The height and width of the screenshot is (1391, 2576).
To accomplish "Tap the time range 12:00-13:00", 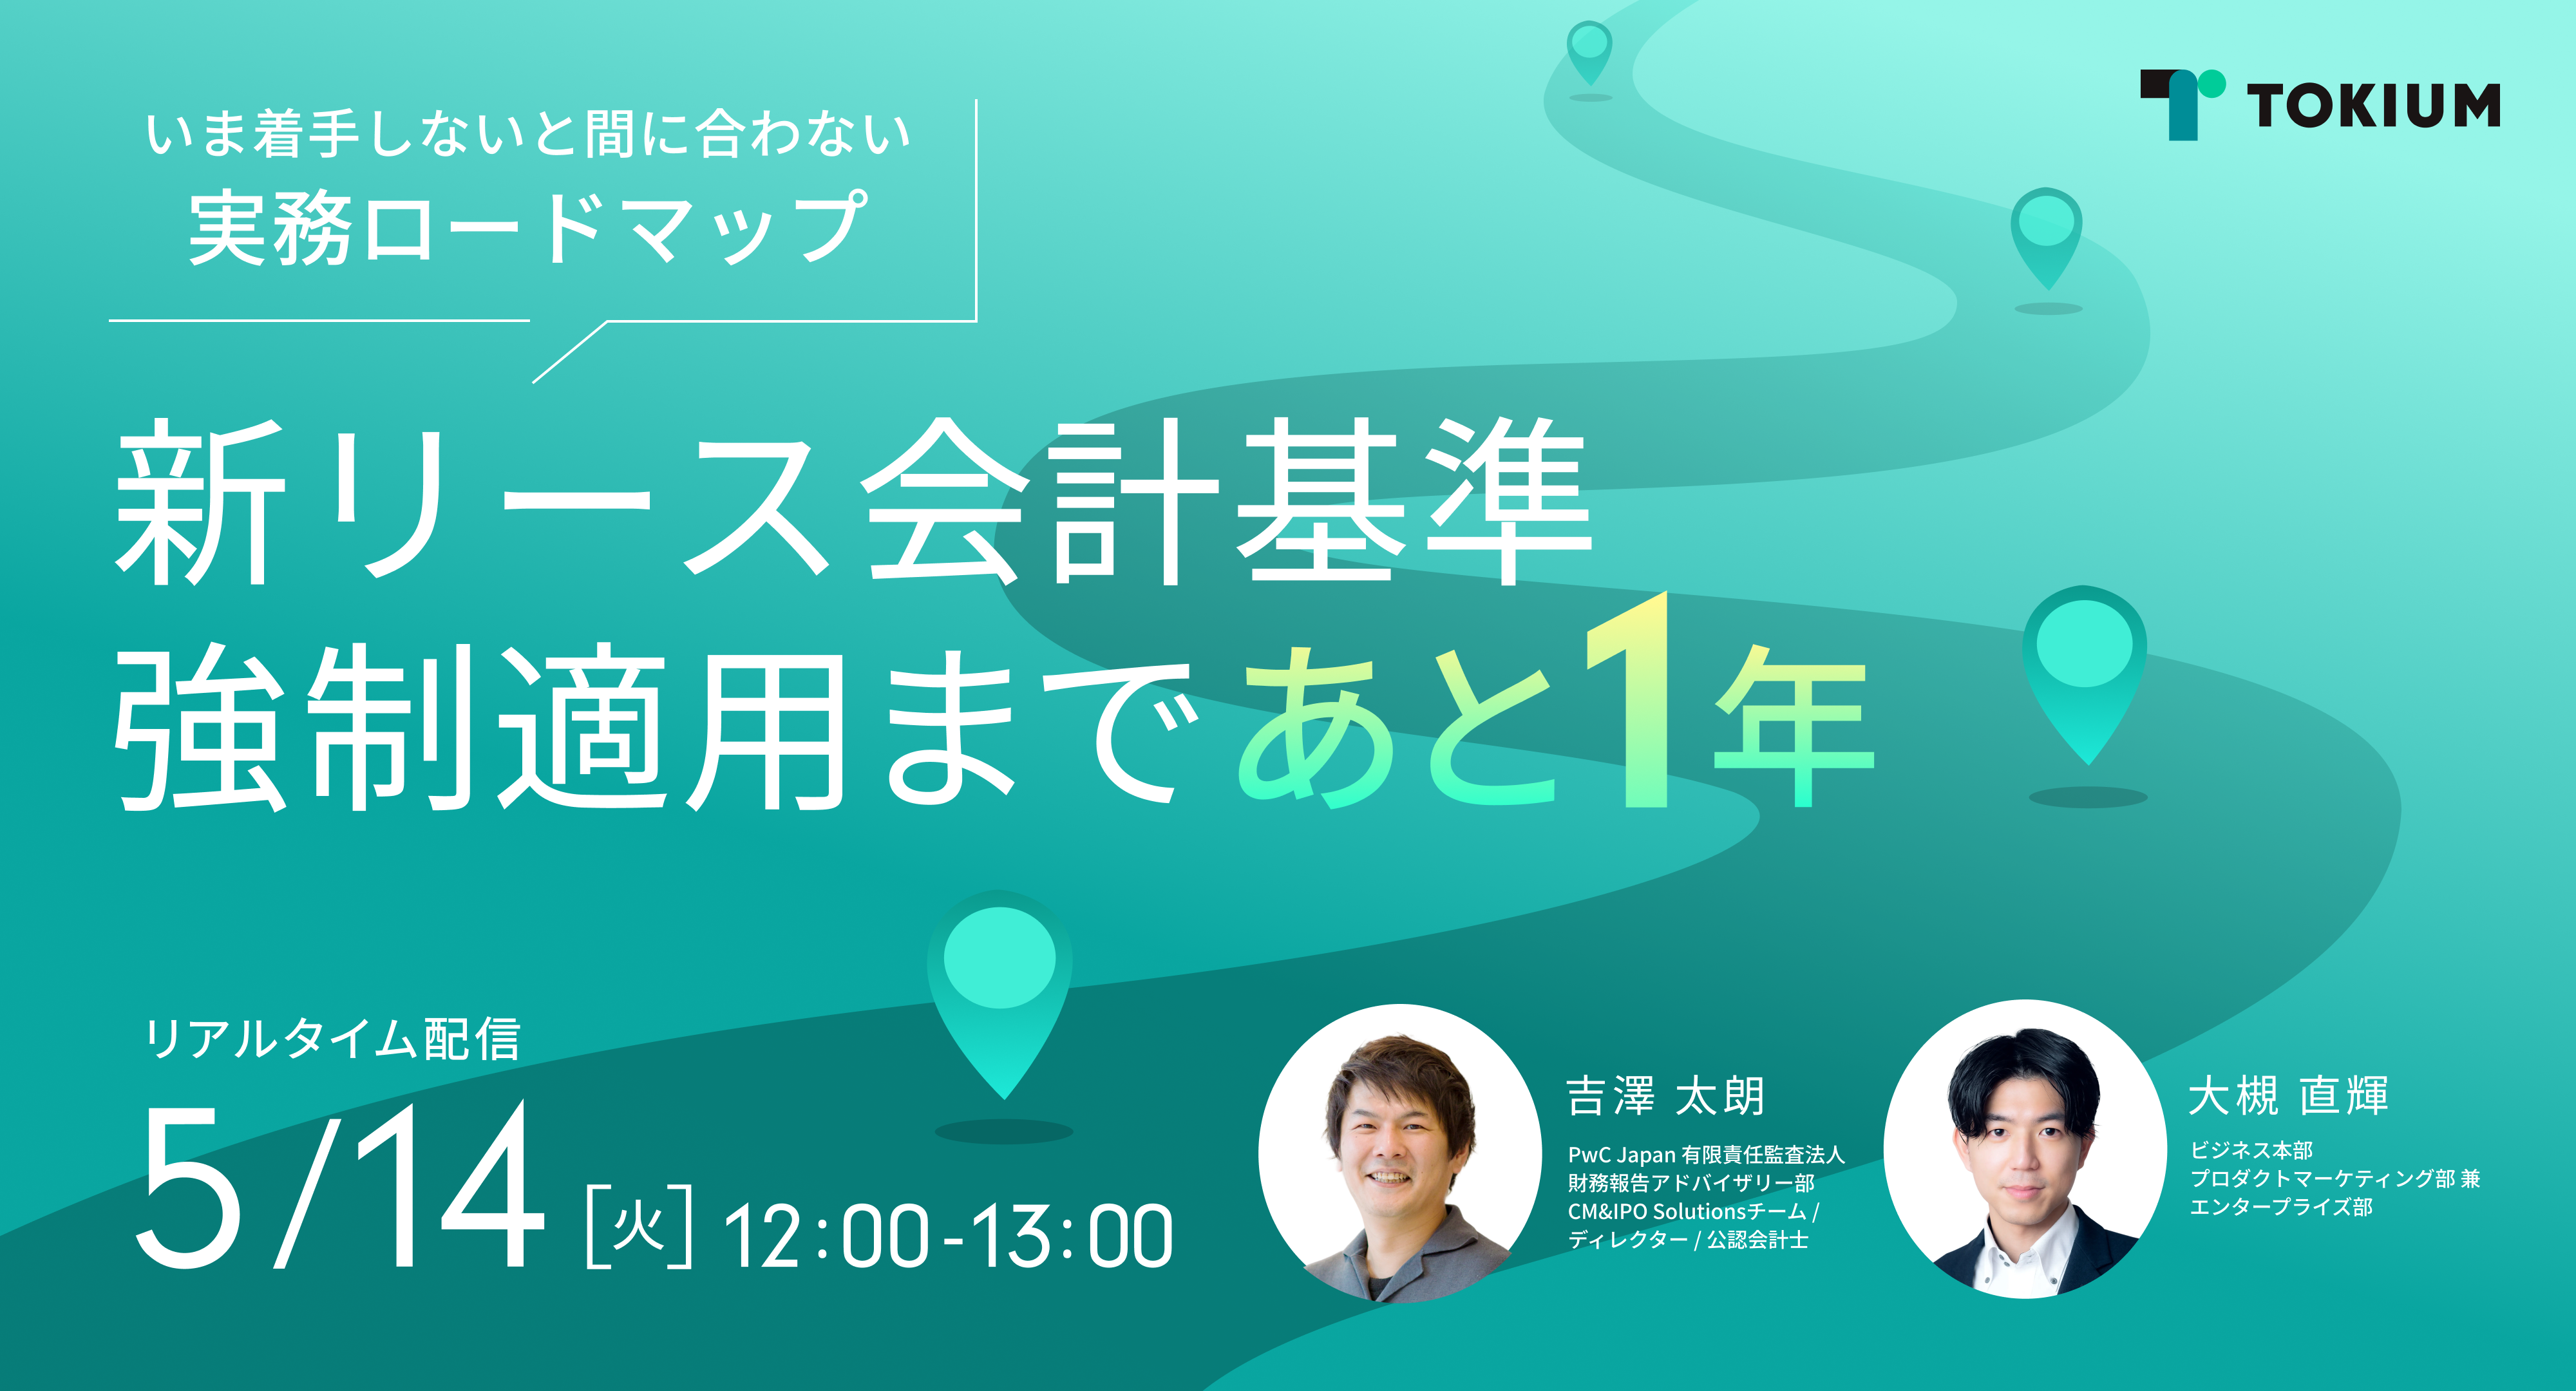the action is click(x=948, y=1236).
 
